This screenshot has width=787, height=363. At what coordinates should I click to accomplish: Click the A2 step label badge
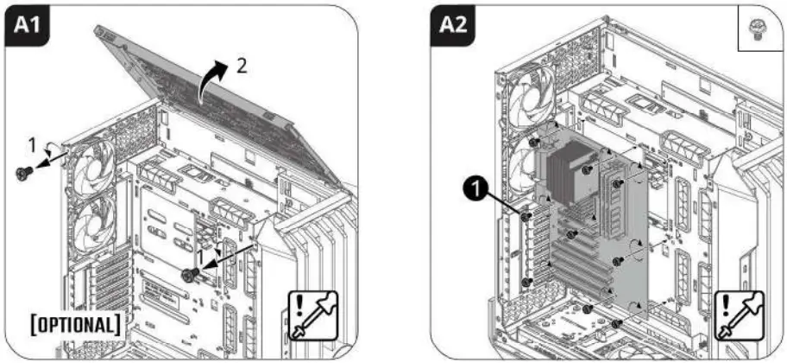451,26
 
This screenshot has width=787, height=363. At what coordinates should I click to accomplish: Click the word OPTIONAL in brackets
75,327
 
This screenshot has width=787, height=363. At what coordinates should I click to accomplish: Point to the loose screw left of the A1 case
24,174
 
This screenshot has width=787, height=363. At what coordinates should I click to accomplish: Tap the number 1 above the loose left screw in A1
31,140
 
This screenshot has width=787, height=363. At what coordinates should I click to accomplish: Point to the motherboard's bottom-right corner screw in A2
617,323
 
